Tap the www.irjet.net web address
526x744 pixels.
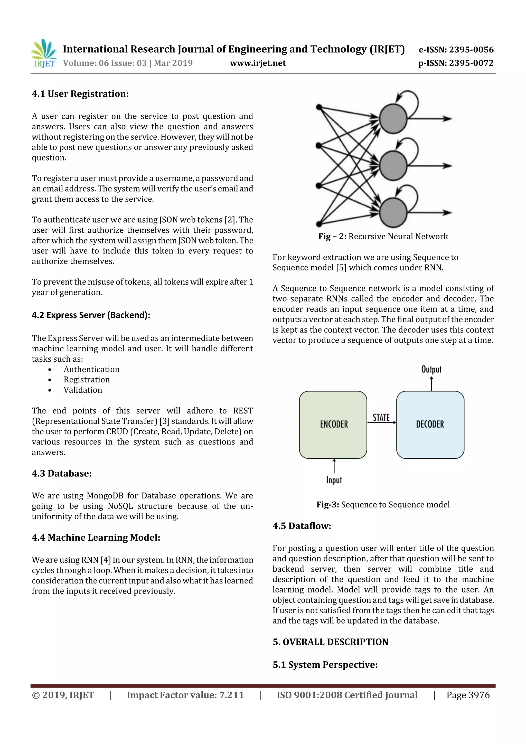click(258, 63)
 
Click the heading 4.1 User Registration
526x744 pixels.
click(80, 94)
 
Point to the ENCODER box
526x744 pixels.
click(333, 425)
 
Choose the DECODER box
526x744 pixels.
click(430, 425)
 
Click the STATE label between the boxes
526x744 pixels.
click(381, 418)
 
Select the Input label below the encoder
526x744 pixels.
click(334, 480)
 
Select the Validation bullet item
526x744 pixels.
click(83, 390)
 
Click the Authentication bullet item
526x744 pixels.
click(91, 369)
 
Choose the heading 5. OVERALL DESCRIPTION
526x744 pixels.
click(330, 642)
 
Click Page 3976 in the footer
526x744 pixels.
click(468, 695)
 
